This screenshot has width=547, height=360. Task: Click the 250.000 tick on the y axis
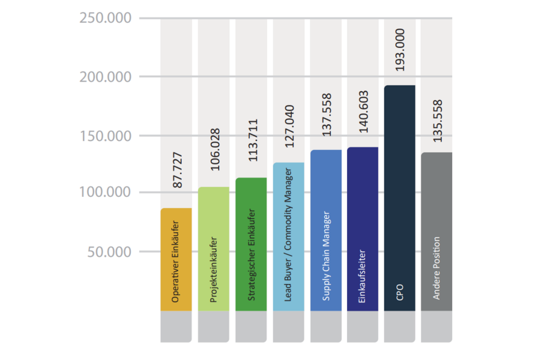tap(105, 18)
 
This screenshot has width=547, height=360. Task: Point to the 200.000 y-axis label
tap(105, 77)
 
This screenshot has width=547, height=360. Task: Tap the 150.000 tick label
tap(105, 136)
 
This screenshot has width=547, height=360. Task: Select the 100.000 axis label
tap(105, 193)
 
